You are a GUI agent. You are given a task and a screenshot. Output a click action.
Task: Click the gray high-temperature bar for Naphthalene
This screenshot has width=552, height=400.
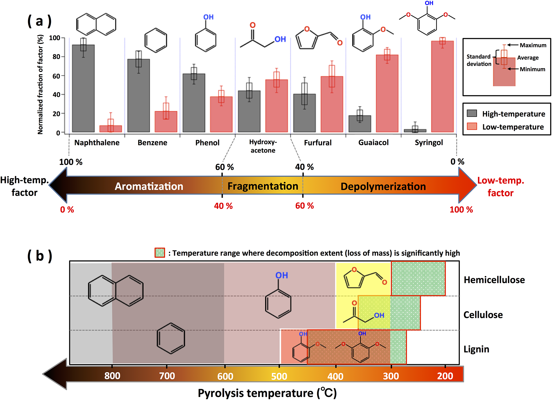coord(83,88)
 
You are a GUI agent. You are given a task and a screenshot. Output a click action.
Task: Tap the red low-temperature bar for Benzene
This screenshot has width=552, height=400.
coord(166,121)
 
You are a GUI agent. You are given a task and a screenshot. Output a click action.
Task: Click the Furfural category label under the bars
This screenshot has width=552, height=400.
coord(318,143)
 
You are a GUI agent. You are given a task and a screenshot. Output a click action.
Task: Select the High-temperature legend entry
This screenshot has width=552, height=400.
coord(513,114)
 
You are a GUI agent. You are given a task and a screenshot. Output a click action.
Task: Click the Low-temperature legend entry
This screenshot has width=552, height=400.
coord(513,127)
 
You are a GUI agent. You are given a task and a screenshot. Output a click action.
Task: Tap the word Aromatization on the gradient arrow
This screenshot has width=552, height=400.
coord(149,186)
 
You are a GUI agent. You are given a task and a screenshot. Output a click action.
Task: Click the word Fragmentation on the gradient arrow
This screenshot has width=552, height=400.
coord(263,186)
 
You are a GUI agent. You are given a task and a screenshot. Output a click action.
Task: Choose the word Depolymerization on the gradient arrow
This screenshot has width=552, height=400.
coord(383,186)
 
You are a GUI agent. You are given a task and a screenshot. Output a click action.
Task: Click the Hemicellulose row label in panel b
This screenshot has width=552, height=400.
coord(494,280)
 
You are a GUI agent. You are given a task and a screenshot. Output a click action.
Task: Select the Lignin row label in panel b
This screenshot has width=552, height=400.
coord(476,349)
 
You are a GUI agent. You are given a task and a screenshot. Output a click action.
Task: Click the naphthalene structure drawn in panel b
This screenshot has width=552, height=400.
coord(116,291)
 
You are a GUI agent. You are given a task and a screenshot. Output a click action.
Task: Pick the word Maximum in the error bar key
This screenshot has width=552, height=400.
coord(533,45)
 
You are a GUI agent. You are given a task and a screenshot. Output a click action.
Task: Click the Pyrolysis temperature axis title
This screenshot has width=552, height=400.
coord(267,393)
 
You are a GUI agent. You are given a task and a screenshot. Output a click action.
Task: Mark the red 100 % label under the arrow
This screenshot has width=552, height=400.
coord(461,210)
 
